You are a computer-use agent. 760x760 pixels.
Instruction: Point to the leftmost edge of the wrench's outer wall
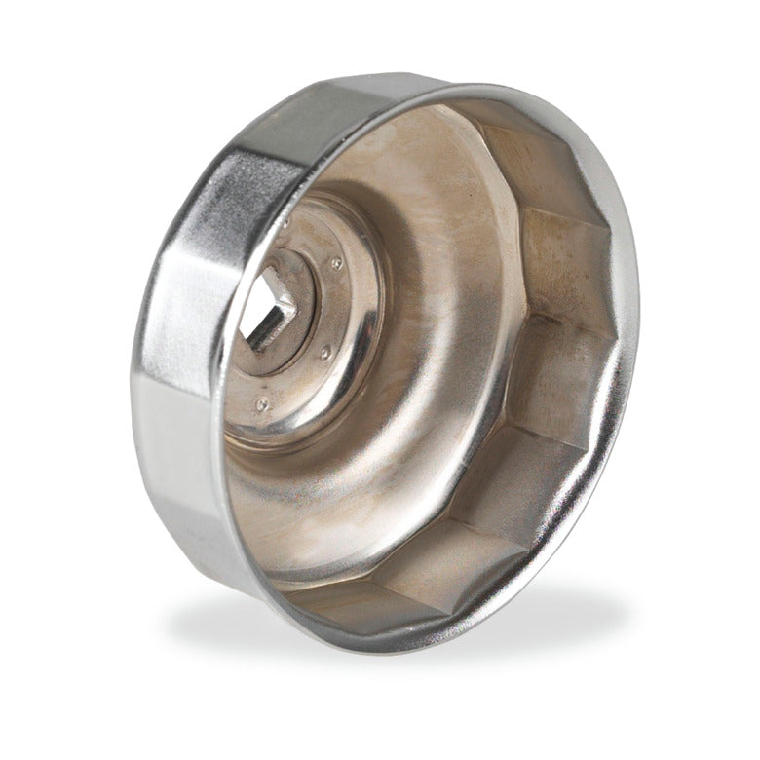point(131,390)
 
